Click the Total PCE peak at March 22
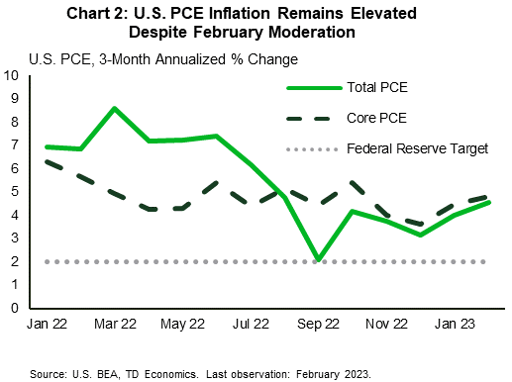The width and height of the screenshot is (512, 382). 115,108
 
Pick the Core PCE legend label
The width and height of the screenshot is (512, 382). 377,119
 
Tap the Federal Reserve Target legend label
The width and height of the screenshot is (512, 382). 417,149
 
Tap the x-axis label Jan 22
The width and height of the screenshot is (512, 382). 49,324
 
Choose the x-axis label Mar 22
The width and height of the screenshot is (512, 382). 115,324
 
